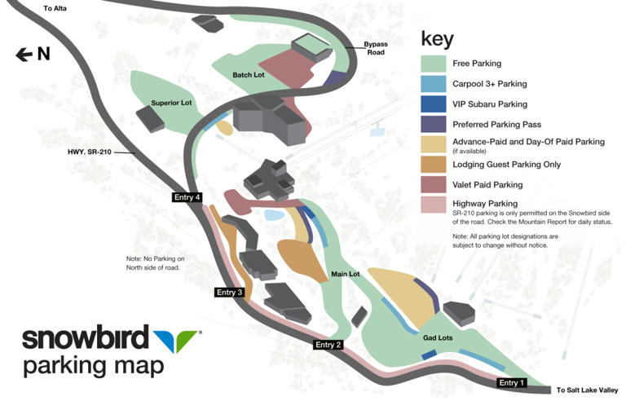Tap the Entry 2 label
328,345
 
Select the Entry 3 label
229,293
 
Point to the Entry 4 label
186,197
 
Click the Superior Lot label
171,104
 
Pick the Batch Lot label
249,75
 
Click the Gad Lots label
437,337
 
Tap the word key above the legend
437,37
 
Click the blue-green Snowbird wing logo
177,338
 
